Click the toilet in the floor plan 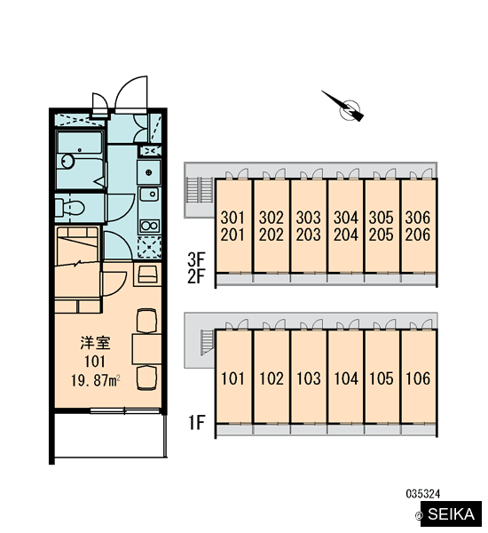coord(69,207)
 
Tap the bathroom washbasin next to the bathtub coord(67,161)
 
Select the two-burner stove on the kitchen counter coord(149,226)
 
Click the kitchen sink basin coord(149,194)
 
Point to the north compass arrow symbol coord(343,107)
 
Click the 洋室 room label coord(96,343)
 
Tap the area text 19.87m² coord(96,380)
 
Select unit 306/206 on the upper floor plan coord(418,226)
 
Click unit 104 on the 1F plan coord(346,377)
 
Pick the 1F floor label coord(197,423)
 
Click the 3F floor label coord(197,259)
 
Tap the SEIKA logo coord(451,514)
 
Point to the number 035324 coord(423,494)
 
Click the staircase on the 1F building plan coord(207,342)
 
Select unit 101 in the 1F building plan coord(233,377)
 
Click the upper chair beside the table coord(146,320)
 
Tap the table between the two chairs coord(146,349)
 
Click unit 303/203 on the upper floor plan coord(309,226)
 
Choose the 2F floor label coord(197,276)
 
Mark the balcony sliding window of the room coord(124,411)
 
